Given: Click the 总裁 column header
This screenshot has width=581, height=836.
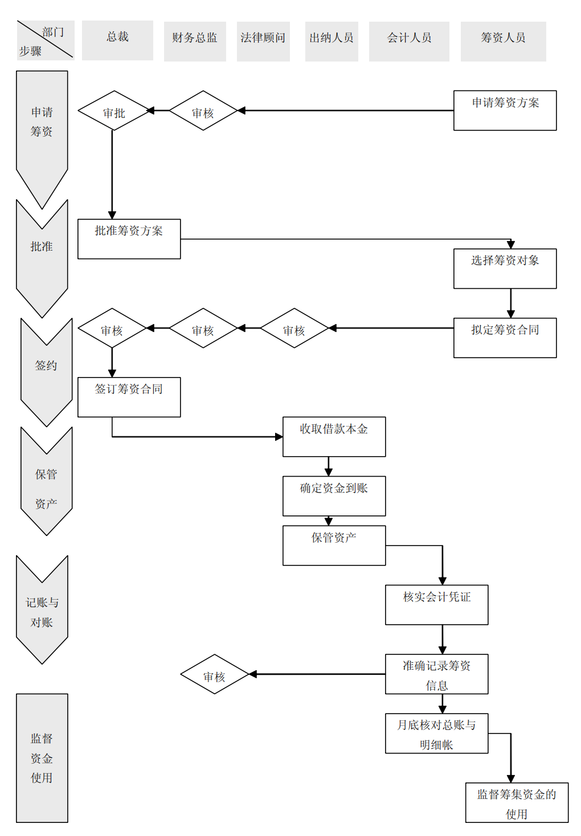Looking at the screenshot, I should (117, 40).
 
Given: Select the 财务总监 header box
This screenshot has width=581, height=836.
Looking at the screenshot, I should (195, 41).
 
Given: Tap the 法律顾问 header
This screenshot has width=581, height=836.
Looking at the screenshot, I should (263, 41).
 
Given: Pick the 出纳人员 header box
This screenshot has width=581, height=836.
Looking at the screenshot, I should (332, 41).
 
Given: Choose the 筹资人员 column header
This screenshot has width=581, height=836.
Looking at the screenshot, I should (503, 41).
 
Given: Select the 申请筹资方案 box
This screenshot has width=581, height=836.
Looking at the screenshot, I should (505, 110).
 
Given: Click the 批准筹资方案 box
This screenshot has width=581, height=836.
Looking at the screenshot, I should (129, 239).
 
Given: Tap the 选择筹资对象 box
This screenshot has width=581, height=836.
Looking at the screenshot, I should (505, 269).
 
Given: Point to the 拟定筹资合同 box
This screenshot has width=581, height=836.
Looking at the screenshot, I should (505, 338).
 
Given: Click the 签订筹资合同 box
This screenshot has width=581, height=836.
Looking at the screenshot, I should (129, 397).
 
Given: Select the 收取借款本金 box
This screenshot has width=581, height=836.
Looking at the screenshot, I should (334, 437).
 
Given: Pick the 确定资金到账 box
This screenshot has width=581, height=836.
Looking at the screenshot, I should (334, 496).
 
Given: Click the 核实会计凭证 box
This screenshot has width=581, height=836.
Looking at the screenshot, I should (436, 605).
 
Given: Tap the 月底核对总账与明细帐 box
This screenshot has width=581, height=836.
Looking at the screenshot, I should (436, 733).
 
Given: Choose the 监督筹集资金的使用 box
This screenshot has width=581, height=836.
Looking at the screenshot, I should (516, 802).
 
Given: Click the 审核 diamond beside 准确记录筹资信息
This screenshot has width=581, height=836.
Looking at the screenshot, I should (214, 674).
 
